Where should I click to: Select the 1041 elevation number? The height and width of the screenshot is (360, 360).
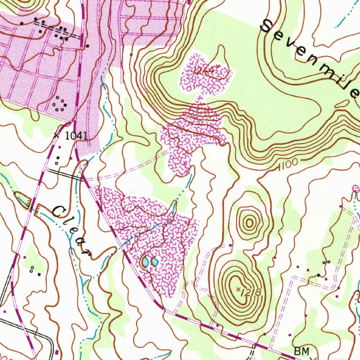76,136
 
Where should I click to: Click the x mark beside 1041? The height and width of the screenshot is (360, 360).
58,135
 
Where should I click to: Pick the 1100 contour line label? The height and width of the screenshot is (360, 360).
287,164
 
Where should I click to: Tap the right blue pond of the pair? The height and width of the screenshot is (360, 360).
154,262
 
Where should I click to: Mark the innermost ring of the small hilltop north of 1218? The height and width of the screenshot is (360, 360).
249,222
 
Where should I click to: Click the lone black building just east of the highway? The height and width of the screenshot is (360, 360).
88,46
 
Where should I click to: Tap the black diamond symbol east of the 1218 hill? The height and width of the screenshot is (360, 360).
319,275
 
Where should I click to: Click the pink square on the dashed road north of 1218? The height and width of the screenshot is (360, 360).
230,245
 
